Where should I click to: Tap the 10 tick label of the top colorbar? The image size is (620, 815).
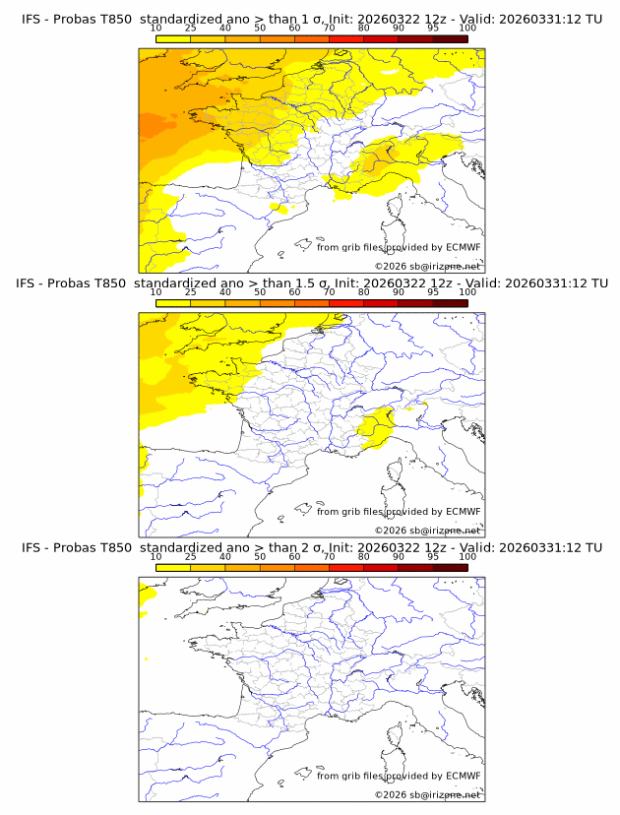[x=155, y=28]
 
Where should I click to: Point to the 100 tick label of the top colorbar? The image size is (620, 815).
[x=467, y=28]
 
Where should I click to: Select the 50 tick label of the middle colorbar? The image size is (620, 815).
[x=260, y=292]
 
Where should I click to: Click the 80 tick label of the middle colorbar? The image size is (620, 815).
[x=364, y=292]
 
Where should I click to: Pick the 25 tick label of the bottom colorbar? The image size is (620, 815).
[x=190, y=556]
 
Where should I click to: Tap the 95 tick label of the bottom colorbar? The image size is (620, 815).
[x=433, y=556]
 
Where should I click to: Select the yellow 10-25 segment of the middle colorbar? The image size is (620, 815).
[x=173, y=303]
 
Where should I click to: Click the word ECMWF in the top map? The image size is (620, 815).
[x=463, y=247]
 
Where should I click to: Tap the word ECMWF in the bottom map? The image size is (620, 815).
[x=463, y=776]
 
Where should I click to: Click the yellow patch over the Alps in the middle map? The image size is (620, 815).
[x=375, y=429]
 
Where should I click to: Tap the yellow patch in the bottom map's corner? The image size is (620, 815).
[x=147, y=593]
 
